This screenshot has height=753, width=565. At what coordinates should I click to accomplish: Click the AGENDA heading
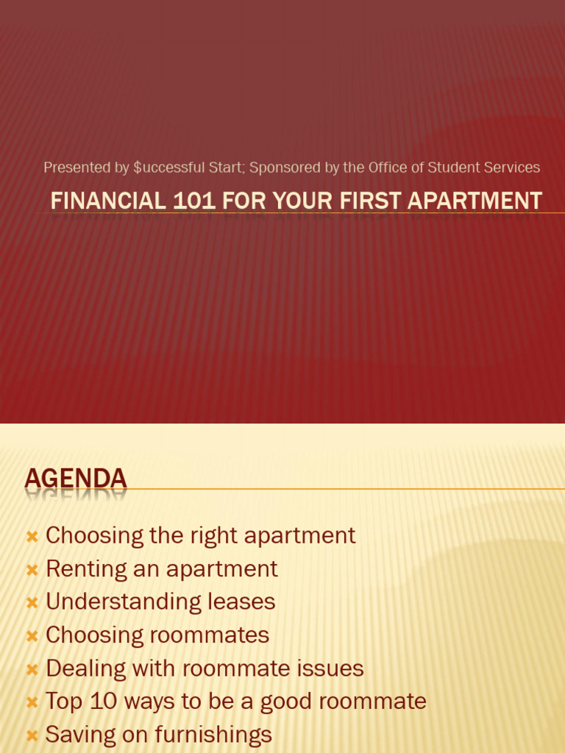pyautogui.click(x=76, y=479)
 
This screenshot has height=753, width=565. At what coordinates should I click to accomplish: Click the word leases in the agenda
pyautogui.click(x=241, y=602)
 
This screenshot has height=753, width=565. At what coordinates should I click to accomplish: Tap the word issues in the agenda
pyautogui.click(x=330, y=668)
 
